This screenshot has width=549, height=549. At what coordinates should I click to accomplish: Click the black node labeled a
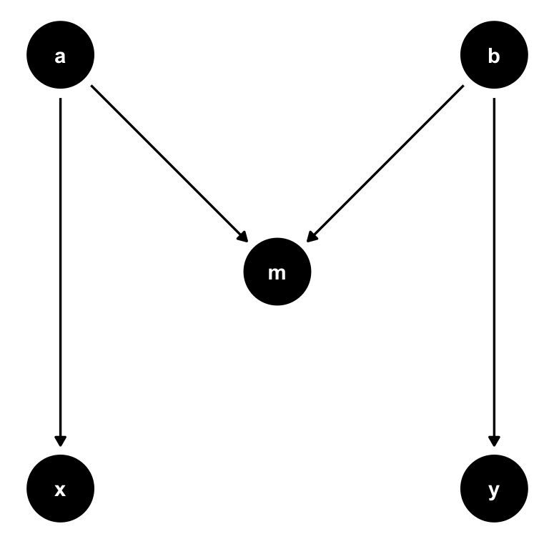(x=61, y=56)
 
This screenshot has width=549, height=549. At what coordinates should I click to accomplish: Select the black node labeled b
(x=494, y=56)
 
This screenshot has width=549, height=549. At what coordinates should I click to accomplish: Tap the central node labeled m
(x=277, y=272)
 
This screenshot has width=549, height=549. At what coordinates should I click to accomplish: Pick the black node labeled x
(x=61, y=490)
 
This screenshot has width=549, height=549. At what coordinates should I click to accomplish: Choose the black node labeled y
(x=494, y=490)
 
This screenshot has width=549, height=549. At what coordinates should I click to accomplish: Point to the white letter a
(x=61, y=56)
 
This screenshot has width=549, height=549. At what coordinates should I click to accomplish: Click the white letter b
(x=494, y=56)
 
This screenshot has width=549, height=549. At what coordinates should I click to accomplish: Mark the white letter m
(x=277, y=272)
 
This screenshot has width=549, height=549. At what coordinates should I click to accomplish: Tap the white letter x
(x=61, y=490)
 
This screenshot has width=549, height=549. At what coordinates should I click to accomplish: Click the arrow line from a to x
(x=61, y=272)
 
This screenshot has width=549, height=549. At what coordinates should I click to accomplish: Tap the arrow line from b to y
(x=494, y=272)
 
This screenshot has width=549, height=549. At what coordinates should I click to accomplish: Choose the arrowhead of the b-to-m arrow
(x=312, y=237)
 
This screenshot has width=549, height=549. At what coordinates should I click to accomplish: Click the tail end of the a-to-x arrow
(x=61, y=99)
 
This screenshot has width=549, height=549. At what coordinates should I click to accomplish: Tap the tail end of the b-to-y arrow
(x=494, y=99)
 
